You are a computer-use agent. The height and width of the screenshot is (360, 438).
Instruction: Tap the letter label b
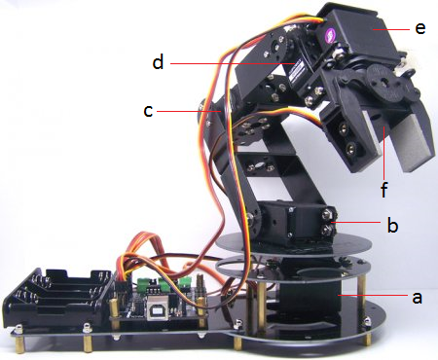coord(392,226)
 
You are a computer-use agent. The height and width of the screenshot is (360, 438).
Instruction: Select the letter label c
coord(148,111)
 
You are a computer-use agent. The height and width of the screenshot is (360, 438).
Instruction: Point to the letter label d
coord(158,64)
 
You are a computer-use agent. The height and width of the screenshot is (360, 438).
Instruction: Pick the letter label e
coord(420,28)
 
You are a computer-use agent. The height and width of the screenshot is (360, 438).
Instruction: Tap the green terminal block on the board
coord(148,286)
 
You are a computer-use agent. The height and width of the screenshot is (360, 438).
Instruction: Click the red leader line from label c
coord(190,111)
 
